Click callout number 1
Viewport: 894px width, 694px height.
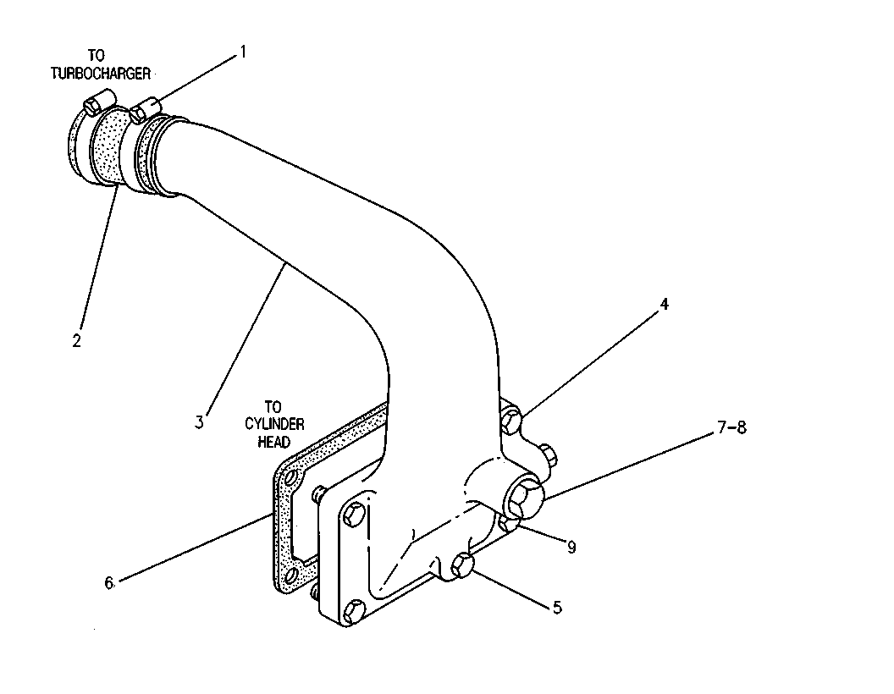[243, 52]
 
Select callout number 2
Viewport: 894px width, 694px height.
[76, 341]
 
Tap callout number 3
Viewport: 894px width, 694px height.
[199, 422]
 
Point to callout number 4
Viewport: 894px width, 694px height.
[665, 305]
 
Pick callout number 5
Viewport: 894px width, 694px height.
[557, 608]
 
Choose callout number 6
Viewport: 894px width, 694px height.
[109, 583]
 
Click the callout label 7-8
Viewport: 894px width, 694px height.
[731, 427]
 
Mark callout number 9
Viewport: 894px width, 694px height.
[571, 548]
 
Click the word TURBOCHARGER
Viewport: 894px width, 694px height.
[101, 74]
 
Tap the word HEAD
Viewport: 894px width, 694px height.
[274, 442]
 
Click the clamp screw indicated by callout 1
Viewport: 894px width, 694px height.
[146, 108]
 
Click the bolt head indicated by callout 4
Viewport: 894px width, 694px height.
[510, 421]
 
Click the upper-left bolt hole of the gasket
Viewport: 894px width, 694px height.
[292, 476]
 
